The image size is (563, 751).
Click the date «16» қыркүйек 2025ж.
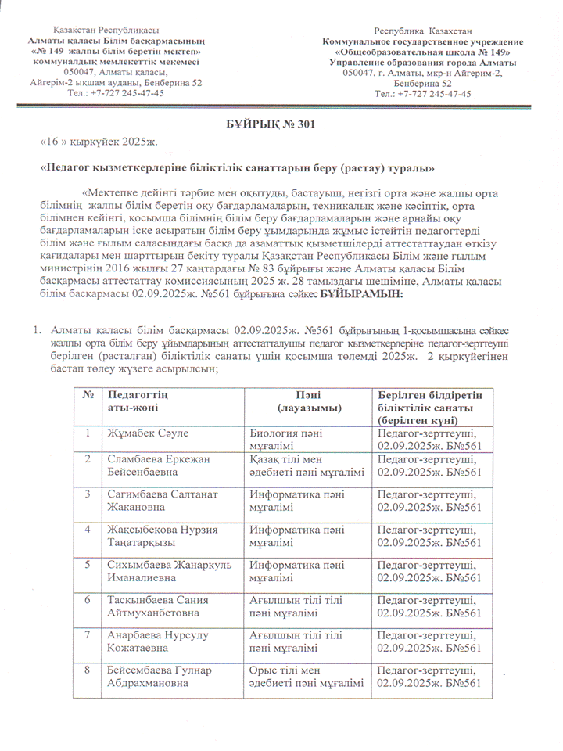click(99, 142)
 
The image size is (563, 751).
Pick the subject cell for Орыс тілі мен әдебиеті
click(306, 675)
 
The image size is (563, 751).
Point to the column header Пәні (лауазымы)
click(307, 402)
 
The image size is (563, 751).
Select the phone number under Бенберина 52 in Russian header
click(423, 92)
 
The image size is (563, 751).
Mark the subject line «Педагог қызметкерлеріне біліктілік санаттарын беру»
click(237, 168)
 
